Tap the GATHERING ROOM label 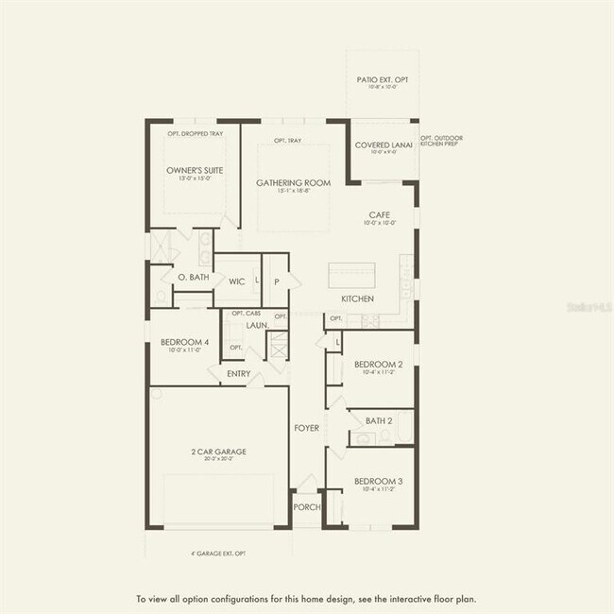(293, 182)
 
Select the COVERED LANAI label (381, 145)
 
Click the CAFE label (380, 215)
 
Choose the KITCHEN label (358, 298)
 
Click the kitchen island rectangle (350, 276)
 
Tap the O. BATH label (193, 278)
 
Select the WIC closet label (237, 281)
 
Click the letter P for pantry (277, 281)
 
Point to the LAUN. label (258, 325)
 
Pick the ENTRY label (239, 373)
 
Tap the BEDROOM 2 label (379, 364)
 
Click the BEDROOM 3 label (379, 482)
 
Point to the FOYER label (306, 428)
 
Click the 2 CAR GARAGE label (218, 452)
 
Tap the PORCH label (306, 507)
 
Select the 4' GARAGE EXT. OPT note (218, 554)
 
